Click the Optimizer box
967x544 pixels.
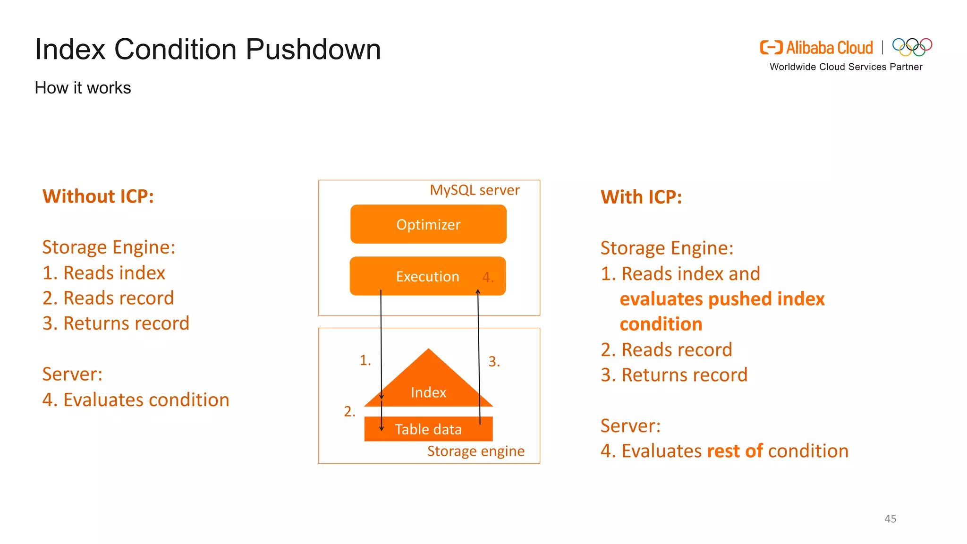(428, 224)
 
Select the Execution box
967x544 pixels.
(427, 276)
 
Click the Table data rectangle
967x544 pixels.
(428, 429)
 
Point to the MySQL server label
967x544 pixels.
(475, 190)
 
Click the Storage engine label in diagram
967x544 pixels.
(475, 451)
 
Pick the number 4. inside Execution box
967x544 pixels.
(488, 277)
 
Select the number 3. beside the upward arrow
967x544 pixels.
(494, 362)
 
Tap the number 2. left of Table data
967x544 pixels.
(349, 411)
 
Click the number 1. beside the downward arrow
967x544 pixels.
(365, 360)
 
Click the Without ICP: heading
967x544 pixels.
(98, 196)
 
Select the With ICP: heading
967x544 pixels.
(641, 197)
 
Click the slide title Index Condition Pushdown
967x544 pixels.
(208, 49)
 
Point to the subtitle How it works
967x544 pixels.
(83, 88)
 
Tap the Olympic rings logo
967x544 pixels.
(912, 47)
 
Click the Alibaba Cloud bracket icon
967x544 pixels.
(771, 47)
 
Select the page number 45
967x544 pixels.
(890, 518)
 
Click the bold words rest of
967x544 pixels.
(735, 451)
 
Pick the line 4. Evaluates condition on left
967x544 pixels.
(136, 400)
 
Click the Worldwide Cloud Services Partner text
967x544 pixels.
(846, 67)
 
